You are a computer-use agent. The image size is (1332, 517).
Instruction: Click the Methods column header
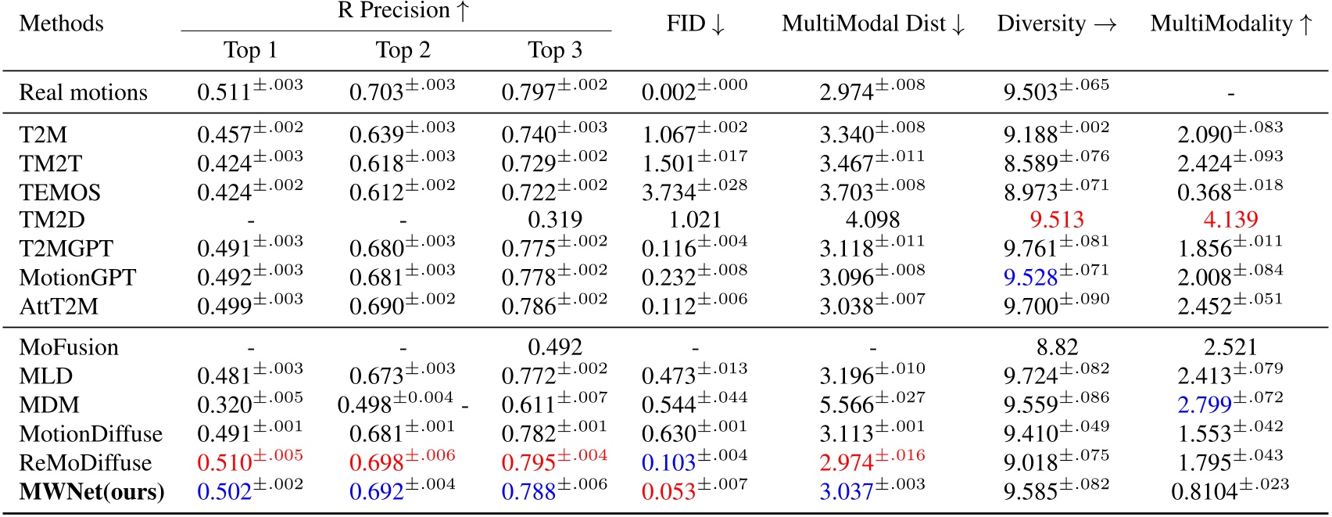pyautogui.click(x=61, y=23)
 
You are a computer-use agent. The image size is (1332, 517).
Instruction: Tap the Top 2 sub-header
pyautogui.click(x=403, y=51)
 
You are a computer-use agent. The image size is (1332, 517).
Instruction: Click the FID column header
pyautogui.click(x=695, y=23)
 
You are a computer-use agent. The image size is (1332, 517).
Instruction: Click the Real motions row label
pyautogui.click(x=83, y=92)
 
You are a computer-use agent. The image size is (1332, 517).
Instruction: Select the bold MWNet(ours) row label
pyautogui.click(x=91, y=492)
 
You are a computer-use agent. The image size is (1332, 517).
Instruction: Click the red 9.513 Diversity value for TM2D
pyautogui.click(x=1057, y=220)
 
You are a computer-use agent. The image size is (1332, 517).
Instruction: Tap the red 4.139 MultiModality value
pyautogui.click(x=1230, y=220)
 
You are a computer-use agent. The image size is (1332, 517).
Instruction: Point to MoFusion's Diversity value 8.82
pyautogui.click(x=1057, y=347)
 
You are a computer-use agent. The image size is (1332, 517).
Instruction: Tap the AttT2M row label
pyautogui.click(x=59, y=306)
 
